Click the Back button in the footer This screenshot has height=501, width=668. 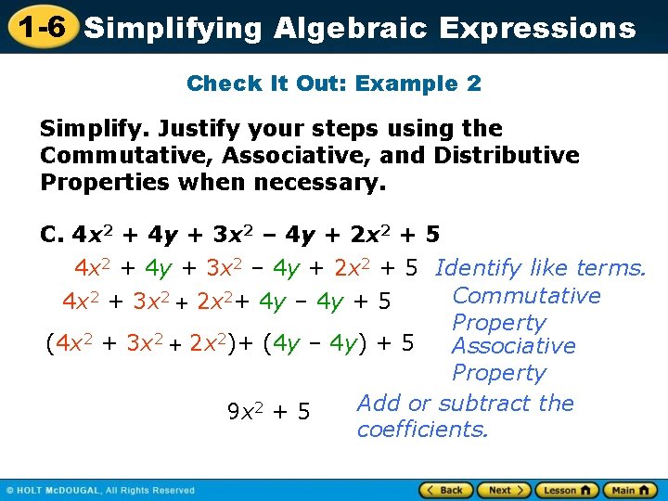(446, 490)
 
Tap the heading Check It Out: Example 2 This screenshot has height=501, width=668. (334, 83)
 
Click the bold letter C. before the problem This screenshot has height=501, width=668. (52, 235)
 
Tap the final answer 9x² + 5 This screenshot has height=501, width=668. (269, 410)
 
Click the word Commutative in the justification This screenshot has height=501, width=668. (526, 296)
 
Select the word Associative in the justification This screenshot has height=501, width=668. (513, 346)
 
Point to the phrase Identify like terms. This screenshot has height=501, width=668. (540, 269)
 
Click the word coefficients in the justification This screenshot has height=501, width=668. (422, 430)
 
